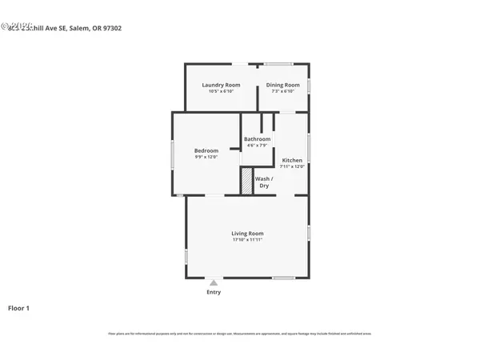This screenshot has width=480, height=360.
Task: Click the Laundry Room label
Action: point(221,85)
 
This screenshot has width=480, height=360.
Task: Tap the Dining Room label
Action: point(283,85)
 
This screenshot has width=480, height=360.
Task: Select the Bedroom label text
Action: point(206,150)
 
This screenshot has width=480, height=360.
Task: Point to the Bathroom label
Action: point(257,139)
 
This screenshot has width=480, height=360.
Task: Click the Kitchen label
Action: point(292,160)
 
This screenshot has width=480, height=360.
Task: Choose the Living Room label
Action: point(247,233)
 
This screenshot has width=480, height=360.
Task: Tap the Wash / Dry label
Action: point(264,182)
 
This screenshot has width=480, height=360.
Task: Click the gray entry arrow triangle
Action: point(214,282)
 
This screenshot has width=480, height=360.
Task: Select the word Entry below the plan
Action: point(214,292)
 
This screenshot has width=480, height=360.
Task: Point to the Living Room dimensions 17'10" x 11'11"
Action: point(247,239)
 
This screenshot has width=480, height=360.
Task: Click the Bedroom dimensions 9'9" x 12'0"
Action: point(206,157)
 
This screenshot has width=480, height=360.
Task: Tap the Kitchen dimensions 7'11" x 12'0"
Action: point(292,166)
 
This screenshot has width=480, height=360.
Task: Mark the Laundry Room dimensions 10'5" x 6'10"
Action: point(221,91)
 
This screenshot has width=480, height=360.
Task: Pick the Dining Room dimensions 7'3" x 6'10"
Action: point(283,91)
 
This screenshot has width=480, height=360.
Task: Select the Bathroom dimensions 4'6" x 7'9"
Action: point(257,146)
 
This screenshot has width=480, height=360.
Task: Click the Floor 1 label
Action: point(18,307)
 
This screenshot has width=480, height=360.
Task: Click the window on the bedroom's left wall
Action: point(173,154)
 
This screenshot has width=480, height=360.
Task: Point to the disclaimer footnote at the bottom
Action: point(239,334)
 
